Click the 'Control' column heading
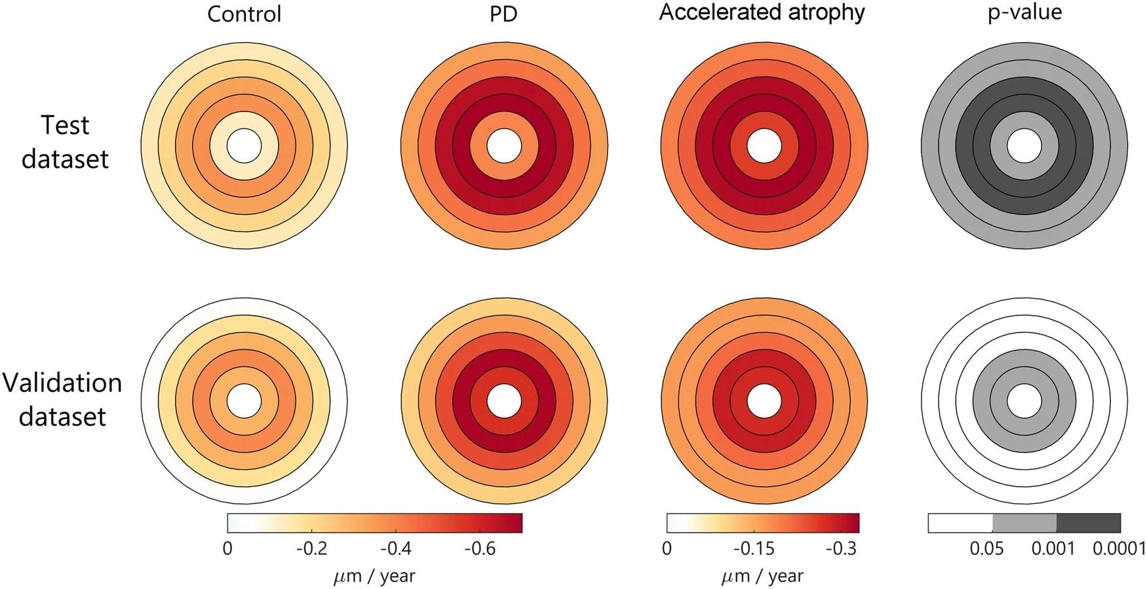coord(244,14)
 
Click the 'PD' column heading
coord(503,14)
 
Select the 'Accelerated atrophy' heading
coord(762,12)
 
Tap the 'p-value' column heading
coord(1024,12)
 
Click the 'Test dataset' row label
coord(65,142)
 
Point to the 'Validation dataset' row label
coord(62,400)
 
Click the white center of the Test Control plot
coord(244,145)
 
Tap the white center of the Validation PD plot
coord(503,401)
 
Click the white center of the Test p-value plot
coord(1024,145)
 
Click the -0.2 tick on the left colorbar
coord(311,548)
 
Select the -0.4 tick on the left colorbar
coord(396,548)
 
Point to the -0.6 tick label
coord(480,548)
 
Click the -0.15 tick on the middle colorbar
coord(754,548)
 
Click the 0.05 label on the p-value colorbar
coord(987,548)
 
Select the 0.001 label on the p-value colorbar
coord(1053,548)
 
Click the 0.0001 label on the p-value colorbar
coord(1118,548)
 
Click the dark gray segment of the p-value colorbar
coord(1088,523)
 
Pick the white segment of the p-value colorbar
coord(960,523)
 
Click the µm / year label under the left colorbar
coord(374,577)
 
